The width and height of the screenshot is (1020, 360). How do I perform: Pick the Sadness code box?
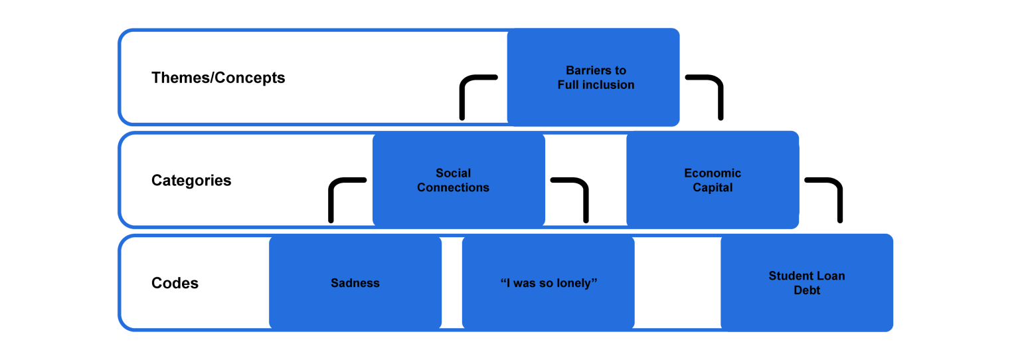(355, 283)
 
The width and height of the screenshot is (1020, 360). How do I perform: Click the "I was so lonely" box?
(549, 283)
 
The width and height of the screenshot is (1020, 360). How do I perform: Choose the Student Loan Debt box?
(806, 283)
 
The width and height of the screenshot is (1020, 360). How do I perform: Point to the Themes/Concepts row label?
(218, 78)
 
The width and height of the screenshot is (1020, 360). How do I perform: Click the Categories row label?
(191, 181)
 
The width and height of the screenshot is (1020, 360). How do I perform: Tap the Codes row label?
(175, 283)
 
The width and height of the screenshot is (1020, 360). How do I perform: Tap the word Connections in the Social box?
(453, 188)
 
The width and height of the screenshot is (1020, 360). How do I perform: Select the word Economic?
(713, 173)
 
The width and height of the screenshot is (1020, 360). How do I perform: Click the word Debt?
(807, 290)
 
